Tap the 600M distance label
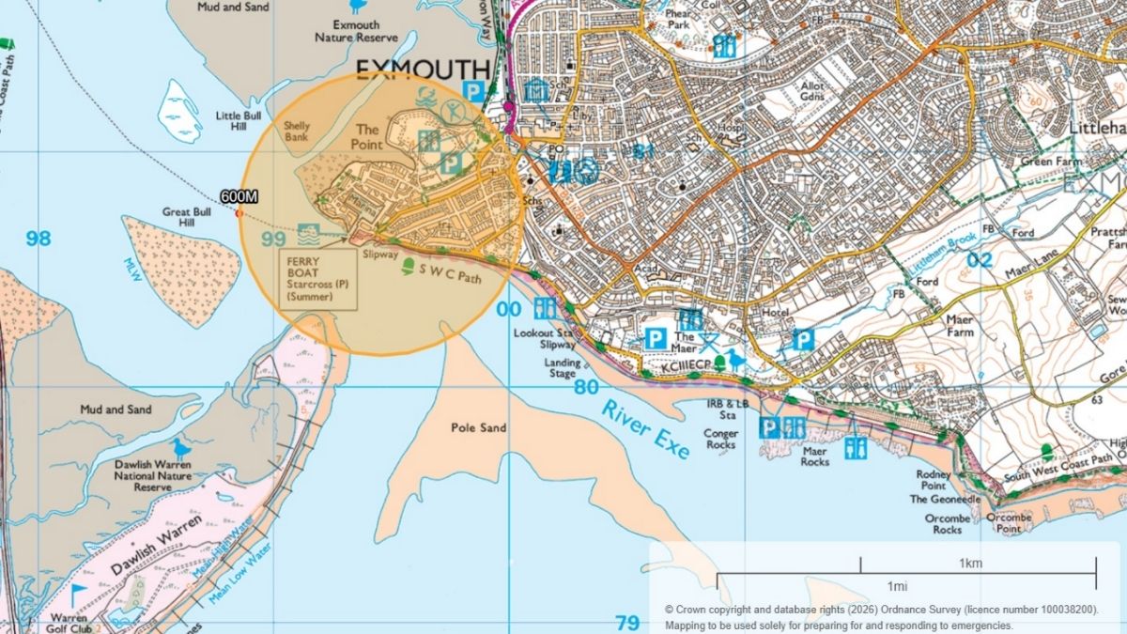click(x=239, y=196)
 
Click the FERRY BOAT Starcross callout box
click(x=318, y=279)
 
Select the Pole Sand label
click(x=478, y=428)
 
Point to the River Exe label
click(x=646, y=429)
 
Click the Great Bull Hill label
click(x=186, y=218)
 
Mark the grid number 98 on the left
click(x=39, y=239)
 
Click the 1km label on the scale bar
click(x=971, y=564)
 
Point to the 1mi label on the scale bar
click(x=897, y=586)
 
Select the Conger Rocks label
click(x=720, y=440)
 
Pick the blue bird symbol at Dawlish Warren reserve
click(x=179, y=448)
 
